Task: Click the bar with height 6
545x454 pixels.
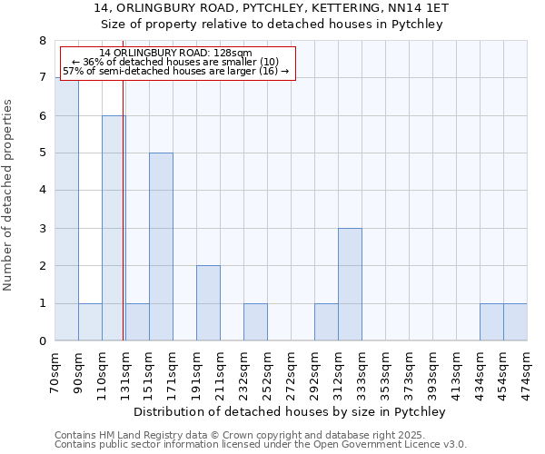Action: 114,228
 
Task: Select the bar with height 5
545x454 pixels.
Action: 161,247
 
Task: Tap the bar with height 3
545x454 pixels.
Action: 350,284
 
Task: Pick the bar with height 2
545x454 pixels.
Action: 208,303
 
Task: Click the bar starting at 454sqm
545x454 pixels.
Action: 515,322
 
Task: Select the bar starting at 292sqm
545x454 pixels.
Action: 326,322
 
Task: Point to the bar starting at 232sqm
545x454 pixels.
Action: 255,322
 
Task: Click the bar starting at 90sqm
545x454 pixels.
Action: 90,322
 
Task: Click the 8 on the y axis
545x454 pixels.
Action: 42,41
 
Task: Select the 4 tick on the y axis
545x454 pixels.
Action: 42,191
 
